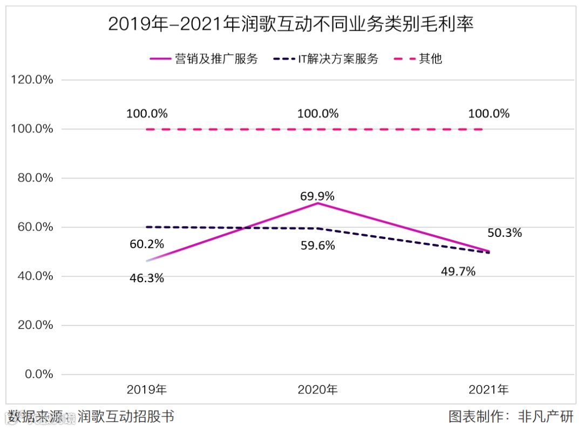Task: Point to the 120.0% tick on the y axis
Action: [x=32, y=80]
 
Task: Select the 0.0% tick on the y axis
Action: [x=37, y=374]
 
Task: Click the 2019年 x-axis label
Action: [x=147, y=389]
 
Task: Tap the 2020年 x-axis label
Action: [x=318, y=389]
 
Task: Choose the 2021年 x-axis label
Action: [x=489, y=389]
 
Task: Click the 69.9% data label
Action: [x=317, y=195]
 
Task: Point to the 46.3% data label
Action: [x=147, y=278]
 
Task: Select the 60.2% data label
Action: [x=147, y=244]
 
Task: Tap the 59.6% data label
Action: [x=317, y=246]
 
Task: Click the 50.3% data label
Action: [x=505, y=233]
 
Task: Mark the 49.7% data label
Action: [x=458, y=271]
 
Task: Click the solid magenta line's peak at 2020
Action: [x=318, y=203]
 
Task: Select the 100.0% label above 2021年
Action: [x=489, y=114]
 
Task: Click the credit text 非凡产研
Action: [x=545, y=417]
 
